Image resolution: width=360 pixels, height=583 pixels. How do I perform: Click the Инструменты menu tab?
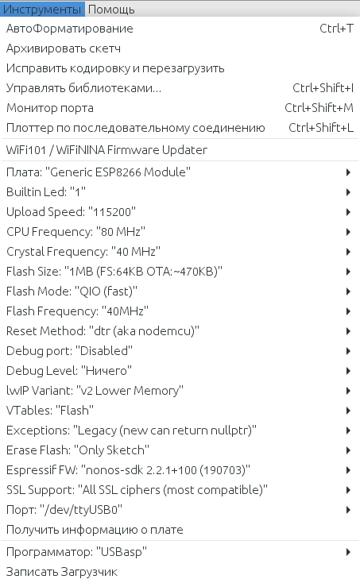pos(42,9)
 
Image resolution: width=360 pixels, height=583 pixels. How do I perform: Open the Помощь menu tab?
pos(111,10)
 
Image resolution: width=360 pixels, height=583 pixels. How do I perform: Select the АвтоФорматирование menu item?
pos(70,29)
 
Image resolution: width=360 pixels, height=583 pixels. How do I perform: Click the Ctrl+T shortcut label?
pos(337,29)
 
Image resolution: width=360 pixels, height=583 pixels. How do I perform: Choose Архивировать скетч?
pos(64,48)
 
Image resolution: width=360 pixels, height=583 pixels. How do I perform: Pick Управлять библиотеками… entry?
pos(83,88)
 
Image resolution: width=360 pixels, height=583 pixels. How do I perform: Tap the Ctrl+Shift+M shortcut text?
pos(319,108)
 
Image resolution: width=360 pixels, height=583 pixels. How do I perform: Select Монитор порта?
pos(50,108)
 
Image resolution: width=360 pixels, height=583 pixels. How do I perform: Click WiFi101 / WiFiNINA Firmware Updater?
pos(106,150)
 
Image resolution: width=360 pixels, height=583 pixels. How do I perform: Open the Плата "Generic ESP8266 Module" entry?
pos(99,172)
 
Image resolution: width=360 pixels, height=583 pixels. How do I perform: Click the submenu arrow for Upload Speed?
pos(348,212)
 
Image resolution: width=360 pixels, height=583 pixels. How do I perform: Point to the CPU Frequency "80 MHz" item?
pos(75,232)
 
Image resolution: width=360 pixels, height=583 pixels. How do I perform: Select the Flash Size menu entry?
pos(114,272)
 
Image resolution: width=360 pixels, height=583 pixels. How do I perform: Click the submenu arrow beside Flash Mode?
pos(348,291)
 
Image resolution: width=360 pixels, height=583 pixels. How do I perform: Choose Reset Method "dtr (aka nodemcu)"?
pos(103,331)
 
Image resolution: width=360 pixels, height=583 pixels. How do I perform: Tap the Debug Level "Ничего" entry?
pos(69,371)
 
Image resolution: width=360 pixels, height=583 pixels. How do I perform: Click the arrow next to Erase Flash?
pos(348,450)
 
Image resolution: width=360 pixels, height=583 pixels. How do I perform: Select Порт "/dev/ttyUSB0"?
pos(64,510)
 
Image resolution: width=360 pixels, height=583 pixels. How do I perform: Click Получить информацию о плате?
pos(95,530)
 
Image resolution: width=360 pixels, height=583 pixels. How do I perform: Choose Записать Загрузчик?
pos(62,571)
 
